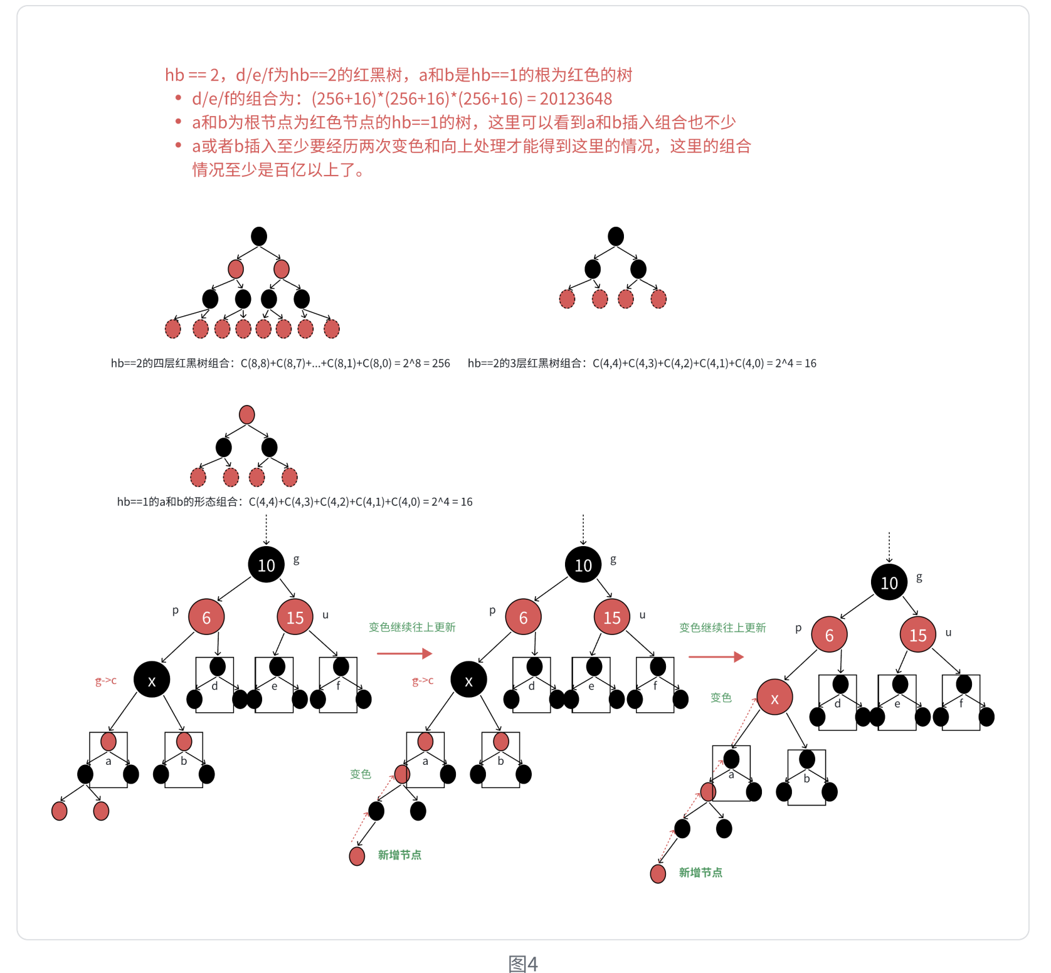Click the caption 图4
click(523, 964)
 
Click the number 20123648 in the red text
click(575, 99)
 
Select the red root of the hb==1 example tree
click(247, 414)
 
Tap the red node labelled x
click(774, 698)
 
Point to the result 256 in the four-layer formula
click(441, 364)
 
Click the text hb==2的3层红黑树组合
click(525, 364)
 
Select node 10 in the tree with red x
click(889, 582)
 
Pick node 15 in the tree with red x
click(917, 634)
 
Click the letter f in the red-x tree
click(961, 703)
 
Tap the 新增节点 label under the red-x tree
click(700, 873)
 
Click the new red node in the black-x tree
click(357, 856)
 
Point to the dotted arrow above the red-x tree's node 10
click(889, 547)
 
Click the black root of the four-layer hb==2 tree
click(259, 236)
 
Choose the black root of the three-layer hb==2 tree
click(616, 236)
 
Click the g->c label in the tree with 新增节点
click(423, 680)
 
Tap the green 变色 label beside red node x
click(721, 698)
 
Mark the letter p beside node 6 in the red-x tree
click(798, 628)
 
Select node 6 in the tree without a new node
click(206, 617)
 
